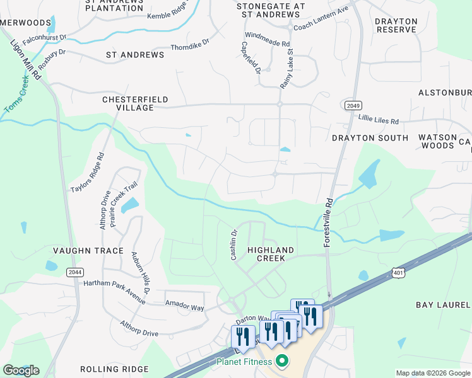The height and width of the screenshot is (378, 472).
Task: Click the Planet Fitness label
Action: [244, 361]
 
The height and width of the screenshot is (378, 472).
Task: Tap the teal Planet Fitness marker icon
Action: [282, 361]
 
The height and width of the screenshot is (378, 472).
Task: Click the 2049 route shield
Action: [353, 105]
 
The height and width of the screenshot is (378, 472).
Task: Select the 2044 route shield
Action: [74, 271]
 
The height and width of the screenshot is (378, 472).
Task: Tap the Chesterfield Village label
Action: [128, 104]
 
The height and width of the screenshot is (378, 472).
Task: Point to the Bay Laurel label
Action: [443, 305]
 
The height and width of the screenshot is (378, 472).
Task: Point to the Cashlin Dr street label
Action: [233, 244]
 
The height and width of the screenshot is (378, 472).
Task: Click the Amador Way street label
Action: [184, 306]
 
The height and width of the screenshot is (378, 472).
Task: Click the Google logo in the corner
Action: [21, 370]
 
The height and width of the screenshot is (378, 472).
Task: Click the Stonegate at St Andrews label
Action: [270, 10]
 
